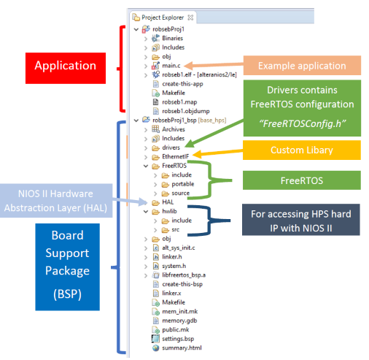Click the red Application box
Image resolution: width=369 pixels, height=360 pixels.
coord(66,68)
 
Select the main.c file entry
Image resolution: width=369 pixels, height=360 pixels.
coord(166,66)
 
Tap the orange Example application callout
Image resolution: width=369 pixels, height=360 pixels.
coord(302,66)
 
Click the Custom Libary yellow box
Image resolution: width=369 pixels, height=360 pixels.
coord(302,150)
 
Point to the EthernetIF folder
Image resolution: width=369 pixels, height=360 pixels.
coord(170,156)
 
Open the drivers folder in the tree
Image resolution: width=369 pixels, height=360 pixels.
coord(166,148)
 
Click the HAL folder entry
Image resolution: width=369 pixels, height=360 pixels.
coord(163,202)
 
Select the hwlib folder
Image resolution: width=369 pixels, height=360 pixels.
coord(164,211)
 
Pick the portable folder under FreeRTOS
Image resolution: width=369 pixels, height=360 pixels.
coord(178,184)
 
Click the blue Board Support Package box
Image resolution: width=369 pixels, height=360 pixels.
coord(67,267)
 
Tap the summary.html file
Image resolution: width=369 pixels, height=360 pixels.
coord(176,348)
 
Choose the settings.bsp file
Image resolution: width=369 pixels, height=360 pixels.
coord(173,339)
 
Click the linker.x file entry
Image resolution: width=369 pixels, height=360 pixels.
coord(166,294)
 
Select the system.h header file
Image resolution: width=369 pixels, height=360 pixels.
coord(169,266)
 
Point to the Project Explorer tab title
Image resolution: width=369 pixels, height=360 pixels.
coord(163,18)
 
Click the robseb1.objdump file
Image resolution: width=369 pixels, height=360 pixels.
coord(181,111)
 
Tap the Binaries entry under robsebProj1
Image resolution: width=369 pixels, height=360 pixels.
coord(167,38)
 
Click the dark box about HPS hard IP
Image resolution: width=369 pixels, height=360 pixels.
coord(301,220)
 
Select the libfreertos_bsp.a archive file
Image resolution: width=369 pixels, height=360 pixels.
coord(179,275)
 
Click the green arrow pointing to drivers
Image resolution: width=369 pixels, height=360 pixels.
coord(214,134)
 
